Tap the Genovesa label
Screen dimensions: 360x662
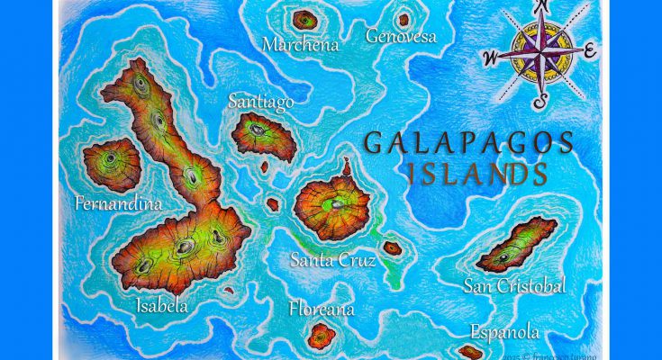coord(401,36)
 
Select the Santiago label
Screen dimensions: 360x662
coord(260,102)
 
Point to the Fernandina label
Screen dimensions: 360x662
coord(119,203)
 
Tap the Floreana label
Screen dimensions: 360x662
coord(322,310)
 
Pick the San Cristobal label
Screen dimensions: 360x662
coord(514,286)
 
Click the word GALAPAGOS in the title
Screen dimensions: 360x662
coord(468,142)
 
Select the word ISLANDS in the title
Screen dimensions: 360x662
coord(476,174)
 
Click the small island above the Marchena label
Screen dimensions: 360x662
coord(306,18)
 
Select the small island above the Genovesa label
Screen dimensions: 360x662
coord(402,17)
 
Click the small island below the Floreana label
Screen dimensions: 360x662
coord(322,337)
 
